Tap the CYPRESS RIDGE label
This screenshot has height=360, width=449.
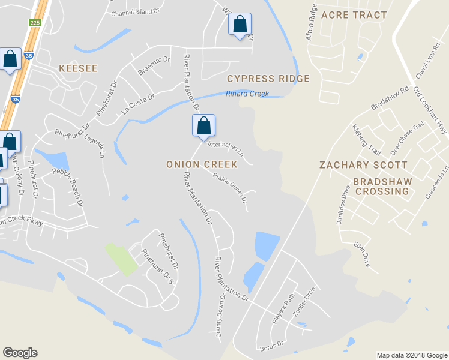pyautogui.click(x=268, y=79)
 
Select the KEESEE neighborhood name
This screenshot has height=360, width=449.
pyautogui.click(x=78, y=68)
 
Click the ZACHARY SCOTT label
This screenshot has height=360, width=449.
pyautogui.click(x=363, y=164)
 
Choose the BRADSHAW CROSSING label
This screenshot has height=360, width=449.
pyautogui.click(x=381, y=186)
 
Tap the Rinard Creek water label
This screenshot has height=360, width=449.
pyautogui.click(x=247, y=94)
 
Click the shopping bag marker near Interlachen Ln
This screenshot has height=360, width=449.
pyautogui.click(x=203, y=126)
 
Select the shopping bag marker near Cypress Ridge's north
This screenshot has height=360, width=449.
pyautogui.click(x=240, y=25)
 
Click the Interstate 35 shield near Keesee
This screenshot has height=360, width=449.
pyautogui.click(x=15, y=100)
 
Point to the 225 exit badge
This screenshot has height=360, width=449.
pyautogui.click(x=34, y=22)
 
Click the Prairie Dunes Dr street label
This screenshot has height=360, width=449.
pyautogui.click(x=229, y=187)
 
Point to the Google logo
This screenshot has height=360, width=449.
pyautogui.click(x=20, y=353)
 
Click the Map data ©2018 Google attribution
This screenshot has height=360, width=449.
pyautogui.click(x=411, y=355)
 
